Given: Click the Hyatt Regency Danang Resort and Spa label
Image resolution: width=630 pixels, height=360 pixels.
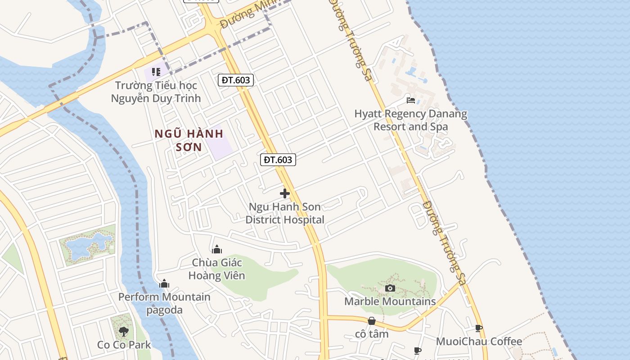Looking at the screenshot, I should tap(410, 120).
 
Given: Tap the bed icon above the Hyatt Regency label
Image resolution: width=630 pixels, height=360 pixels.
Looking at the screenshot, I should tap(411, 100).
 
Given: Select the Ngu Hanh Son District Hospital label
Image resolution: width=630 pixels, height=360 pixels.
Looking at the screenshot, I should tap(285, 213).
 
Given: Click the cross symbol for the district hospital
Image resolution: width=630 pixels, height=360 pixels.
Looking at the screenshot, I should tap(285, 193).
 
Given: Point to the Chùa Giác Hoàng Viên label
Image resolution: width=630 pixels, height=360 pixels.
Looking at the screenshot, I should tap(217, 269).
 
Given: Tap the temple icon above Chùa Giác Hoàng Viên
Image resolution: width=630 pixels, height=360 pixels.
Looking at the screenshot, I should tap(217, 249).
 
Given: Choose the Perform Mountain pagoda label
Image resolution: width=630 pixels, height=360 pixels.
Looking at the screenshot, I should tap(164, 303).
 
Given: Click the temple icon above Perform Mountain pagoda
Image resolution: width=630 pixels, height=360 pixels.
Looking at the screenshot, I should tap(164, 283).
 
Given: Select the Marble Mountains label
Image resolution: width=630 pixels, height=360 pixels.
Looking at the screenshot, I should tap(390, 301).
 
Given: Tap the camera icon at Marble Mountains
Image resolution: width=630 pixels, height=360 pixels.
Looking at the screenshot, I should tap(390, 288).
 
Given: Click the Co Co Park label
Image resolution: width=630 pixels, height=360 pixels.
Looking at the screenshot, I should tap(124, 345).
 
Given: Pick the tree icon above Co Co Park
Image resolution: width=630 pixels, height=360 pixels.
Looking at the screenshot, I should tap(123, 332).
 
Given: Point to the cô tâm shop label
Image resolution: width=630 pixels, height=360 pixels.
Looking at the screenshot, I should tap(372, 334).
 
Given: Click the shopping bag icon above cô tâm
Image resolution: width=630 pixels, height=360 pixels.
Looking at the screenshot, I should tap(372, 321).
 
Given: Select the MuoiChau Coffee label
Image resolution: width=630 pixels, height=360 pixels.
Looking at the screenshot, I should tap(479, 342).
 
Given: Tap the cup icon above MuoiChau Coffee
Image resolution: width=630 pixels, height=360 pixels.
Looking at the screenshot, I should tap(479, 328).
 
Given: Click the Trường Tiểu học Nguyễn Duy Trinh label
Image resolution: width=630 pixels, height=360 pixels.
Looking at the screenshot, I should tap(156, 91).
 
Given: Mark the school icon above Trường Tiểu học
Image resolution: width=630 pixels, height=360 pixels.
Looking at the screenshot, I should tap(156, 72).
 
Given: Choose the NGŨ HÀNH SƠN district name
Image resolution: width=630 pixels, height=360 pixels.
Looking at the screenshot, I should tap(189, 140).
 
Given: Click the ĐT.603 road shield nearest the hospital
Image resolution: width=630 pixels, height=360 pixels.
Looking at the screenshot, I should tap(278, 159).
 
